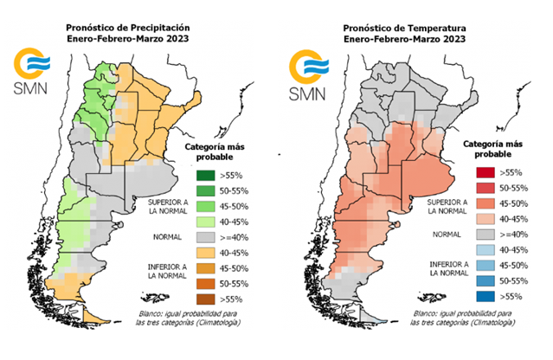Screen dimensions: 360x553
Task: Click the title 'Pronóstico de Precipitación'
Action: (x=128, y=26)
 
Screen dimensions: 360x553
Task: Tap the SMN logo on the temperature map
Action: (x=310, y=73)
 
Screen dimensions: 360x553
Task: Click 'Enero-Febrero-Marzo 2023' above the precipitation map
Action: (x=128, y=40)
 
